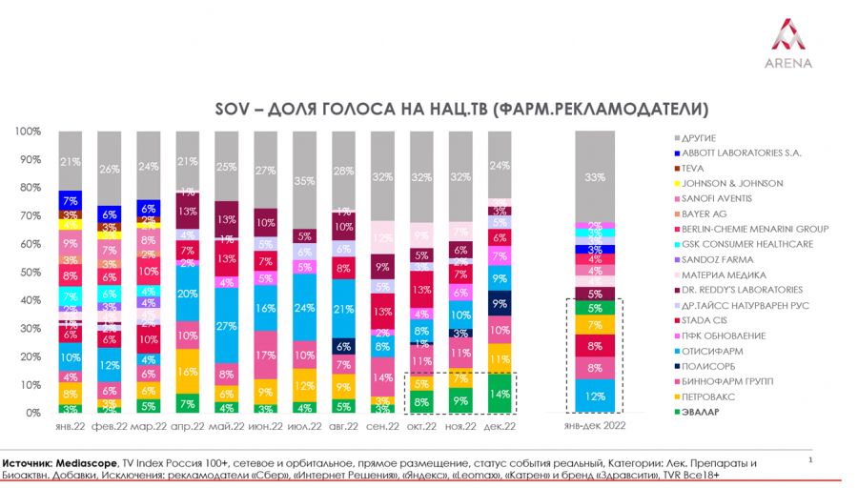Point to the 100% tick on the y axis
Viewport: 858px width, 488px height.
[28, 132]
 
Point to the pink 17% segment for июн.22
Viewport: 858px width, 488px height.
[266, 355]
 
